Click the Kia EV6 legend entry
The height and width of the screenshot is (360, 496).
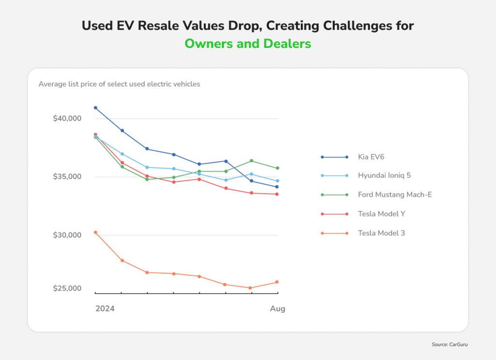(x=372, y=157)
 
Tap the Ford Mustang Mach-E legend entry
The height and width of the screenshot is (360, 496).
(x=394, y=195)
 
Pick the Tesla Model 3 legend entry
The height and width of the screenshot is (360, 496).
(x=381, y=233)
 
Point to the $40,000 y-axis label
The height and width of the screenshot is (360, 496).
(x=67, y=119)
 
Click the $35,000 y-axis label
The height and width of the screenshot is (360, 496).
(x=67, y=177)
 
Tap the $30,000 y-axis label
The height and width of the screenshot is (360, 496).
(x=67, y=235)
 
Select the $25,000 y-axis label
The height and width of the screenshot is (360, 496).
(x=67, y=289)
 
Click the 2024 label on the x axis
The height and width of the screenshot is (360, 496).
(x=105, y=309)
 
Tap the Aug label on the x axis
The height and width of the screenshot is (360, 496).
(x=278, y=309)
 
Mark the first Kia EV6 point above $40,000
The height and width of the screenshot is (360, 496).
(x=95, y=108)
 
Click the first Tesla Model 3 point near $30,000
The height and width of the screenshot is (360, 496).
(x=95, y=233)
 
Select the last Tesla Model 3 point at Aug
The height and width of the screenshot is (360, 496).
(x=277, y=282)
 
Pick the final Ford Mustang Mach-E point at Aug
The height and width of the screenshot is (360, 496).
(x=277, y=168)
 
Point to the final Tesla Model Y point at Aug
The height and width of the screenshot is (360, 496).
(x=277, y=194)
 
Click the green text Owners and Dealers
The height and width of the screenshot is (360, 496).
(x=248, y=43)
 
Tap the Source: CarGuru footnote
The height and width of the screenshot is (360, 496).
(x=450, y=344)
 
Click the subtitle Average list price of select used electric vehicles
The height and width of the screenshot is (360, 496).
(x=119, y=84)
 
